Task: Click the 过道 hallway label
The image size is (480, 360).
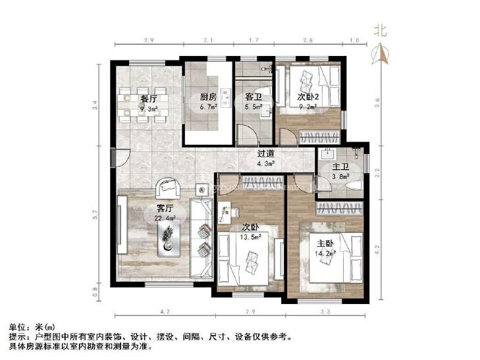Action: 265,155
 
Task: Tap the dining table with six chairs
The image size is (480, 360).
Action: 143,104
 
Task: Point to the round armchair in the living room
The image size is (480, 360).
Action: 167,188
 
